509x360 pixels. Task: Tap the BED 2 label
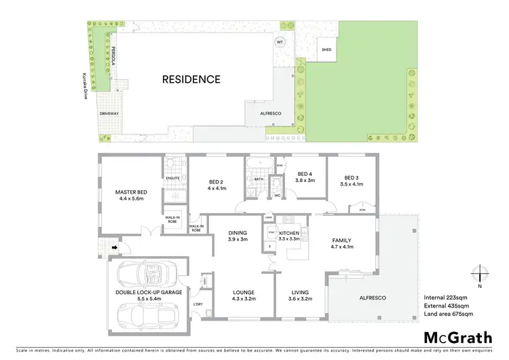[215, 182]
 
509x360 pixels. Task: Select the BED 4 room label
[304, 174]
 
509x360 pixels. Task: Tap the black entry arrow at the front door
[105, 249]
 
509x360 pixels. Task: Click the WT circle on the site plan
[279, 41]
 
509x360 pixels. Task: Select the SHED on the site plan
[327, 50]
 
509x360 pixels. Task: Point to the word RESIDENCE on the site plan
[191, 79]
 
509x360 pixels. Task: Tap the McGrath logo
[453, 338]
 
